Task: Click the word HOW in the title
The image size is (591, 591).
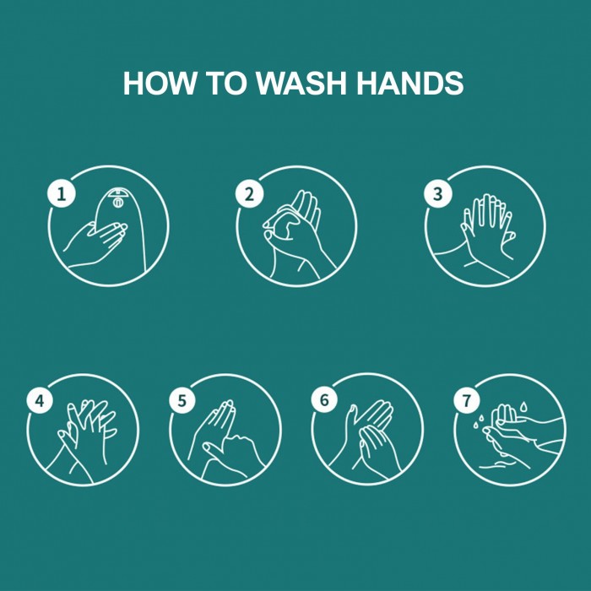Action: [x=160, y=83]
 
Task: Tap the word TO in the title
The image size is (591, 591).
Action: [x=227, y=83]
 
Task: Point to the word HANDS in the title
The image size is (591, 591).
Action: [x=409, y=83]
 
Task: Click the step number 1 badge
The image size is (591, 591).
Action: [x=62, y=194]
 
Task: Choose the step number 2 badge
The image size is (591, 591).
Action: [x=250, y=194]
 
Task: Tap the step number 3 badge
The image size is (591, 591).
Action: [x=437, y=194]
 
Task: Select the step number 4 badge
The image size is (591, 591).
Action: [x=40, y=400]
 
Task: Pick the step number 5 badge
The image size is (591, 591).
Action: [x=182, y=400]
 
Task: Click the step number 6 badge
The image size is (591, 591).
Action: [x=324, y=399]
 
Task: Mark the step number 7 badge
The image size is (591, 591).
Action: [x=467, y=399]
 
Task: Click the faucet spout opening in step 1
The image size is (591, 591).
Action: [x=118, y=202]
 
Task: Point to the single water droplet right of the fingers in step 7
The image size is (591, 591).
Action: [x=523, y=407]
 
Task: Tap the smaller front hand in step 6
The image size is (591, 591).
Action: [x=377, y=448]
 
